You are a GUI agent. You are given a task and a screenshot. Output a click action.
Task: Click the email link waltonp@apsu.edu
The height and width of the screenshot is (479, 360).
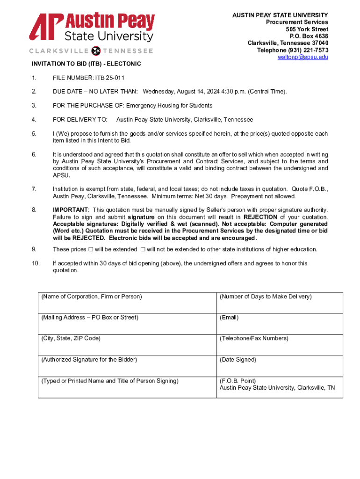click(x=303, y=57)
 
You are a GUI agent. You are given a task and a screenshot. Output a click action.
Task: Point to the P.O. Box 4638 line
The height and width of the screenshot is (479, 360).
click(x=309, y=36)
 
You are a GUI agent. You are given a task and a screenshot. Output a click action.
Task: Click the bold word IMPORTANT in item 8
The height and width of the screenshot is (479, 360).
click(x=70, y=210)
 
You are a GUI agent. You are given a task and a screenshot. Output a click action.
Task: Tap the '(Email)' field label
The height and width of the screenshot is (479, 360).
click(x=229, y=318)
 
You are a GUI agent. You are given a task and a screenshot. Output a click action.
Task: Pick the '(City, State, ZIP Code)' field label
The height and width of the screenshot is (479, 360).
click(x=71, y=338)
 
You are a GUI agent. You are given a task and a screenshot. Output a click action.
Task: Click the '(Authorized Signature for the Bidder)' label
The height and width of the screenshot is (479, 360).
click(x=89, y=360)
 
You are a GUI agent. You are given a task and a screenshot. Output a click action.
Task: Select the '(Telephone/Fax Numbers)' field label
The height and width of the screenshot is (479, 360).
click(x=254, y=338)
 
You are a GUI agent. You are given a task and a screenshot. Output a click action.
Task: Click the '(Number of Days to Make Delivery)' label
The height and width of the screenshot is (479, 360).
click(x=266, y=297)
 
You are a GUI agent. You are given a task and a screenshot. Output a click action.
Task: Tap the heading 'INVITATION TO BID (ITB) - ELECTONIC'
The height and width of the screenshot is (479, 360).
click(x=86, y=64)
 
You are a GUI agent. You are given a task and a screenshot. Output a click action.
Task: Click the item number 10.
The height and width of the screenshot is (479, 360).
click(x=36, y=263)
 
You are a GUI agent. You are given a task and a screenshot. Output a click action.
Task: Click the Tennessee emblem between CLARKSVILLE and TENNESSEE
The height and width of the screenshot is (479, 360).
click(x=97, y=51)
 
